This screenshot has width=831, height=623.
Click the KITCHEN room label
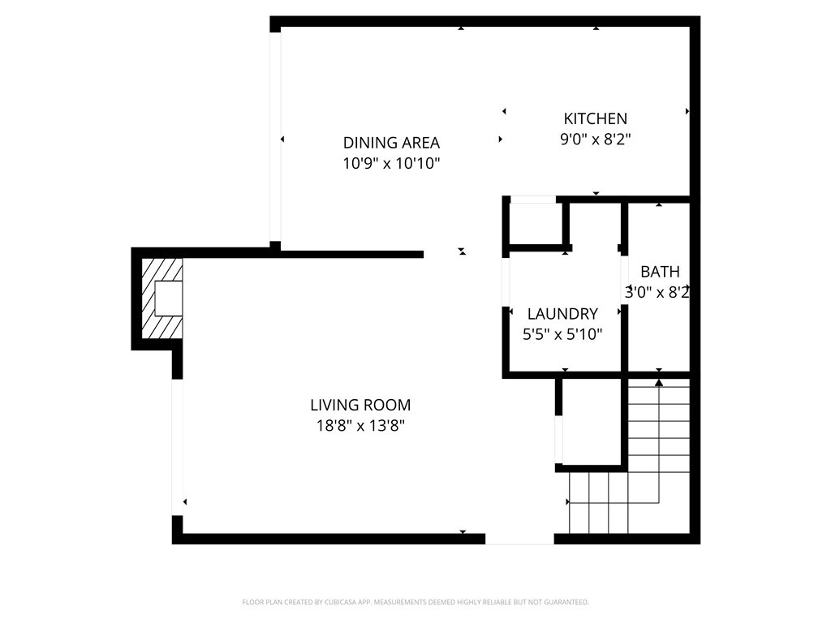pyautogui.click(x=595, y=118)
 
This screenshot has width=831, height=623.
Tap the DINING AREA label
pyautogui.click(x=391, y=143)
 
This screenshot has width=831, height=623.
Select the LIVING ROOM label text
pyautogui.click(x=360, y=405)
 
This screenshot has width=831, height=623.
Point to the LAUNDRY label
pyautogui.click(x=562, y=314)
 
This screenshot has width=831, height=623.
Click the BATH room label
pyautogui.click(x=660, y=272)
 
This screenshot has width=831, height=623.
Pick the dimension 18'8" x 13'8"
pyautogui.click(x=360, y=425)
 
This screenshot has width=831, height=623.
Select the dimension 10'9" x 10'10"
pyautogui.click(x=391, y=163)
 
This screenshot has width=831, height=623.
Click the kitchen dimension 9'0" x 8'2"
pyautogui.click(x=595, y=139)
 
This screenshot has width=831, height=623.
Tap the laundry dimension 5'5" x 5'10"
pyautogui.click(x=562, y=333)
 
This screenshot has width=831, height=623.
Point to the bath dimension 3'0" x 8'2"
pyautogui.click(x=657, y=292)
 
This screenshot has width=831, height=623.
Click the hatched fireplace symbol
pyautogui.click(x=162, y=299)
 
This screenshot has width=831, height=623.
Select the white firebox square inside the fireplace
pyautogui.click(x=168, y=298)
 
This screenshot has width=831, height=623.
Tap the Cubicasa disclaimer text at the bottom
pyautogui.click(x=415, y=602)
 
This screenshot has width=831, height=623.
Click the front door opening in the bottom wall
pyautogui.click(x=519, y=539)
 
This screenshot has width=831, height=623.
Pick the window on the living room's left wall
pyautogui.click(x=177, y=446)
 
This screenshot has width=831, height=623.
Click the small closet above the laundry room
pyautogui.click(x=535, y=222)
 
